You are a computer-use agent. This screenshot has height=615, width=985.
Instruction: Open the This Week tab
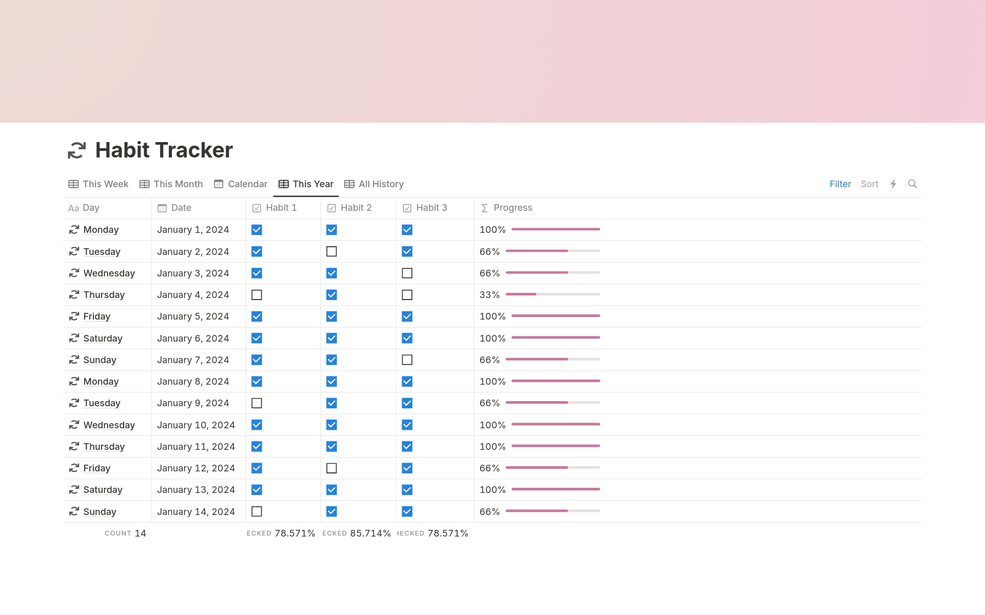[x=98, y=184]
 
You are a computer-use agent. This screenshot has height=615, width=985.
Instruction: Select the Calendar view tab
[x=241, y=184]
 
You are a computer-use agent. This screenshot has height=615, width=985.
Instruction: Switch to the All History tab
[x=374, y=184]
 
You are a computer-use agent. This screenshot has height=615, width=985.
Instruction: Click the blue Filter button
[x=840, y=184]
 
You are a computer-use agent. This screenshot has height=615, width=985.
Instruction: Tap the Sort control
[x=869, y=184]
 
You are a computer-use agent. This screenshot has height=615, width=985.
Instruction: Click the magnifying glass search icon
[x=912, y=184]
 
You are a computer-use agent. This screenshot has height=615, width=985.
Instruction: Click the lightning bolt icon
[x=893, y=184]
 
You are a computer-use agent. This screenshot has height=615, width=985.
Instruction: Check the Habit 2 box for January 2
[x=331, y=251]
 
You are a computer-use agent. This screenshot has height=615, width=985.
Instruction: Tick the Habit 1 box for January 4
[x=257, y=295]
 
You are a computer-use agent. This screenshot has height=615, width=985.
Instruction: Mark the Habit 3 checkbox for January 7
[x=407, y=360]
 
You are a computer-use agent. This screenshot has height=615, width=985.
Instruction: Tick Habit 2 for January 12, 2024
[x=331, y=468]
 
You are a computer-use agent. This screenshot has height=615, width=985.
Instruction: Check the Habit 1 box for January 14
[x=257, y=511]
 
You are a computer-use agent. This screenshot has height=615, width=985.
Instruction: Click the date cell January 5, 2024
[x=193, y=316]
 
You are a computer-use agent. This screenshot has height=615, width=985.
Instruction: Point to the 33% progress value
[x=489, y=295]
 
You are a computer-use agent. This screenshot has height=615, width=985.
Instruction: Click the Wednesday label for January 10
[x=109, y=425]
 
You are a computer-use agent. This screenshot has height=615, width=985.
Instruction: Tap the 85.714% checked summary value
[x=370, y=533]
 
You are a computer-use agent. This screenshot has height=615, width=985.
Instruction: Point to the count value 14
[x=141, y=533]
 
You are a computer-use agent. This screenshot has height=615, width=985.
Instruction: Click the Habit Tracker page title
[x=164, y=150]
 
